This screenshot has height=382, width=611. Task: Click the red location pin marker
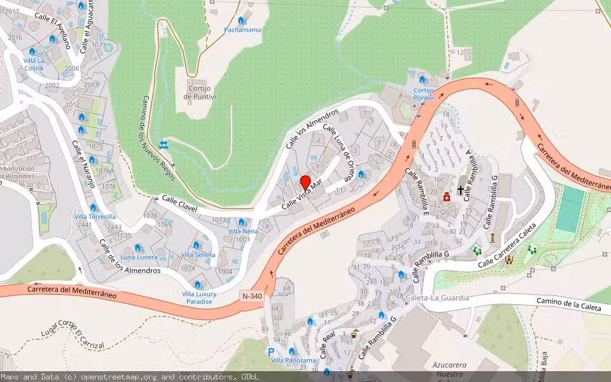[305, 183]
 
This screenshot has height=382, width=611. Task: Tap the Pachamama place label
[242, 30]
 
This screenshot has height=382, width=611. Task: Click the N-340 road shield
[252, 296]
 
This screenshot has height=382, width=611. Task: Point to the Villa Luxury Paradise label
[199, 297]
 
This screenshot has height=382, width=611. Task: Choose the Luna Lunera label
[139, 257]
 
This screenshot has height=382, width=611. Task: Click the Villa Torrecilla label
[94, 216]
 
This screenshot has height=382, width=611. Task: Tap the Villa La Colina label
[33, 64]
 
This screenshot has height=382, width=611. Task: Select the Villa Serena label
[198, 255]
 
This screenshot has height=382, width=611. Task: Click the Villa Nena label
[243, 231]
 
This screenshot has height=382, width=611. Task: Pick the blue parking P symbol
[271, 351]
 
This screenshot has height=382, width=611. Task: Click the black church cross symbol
[460, 190]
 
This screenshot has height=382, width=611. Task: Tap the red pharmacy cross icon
[447, 197]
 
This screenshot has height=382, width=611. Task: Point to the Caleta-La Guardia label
[437, 297]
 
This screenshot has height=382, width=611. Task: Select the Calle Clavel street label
[179, 204]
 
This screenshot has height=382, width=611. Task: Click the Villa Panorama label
[293, 360]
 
